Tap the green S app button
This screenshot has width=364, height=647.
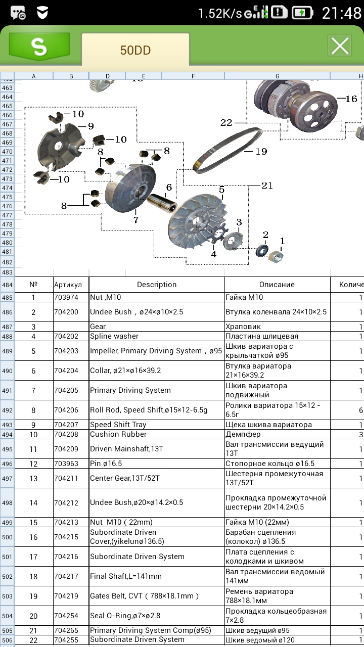click(39, 47)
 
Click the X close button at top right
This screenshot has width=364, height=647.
click(340, 46)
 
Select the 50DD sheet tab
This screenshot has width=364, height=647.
click(135, 50)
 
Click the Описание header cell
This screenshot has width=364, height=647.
click(277, 285)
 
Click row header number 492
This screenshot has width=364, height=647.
click(7, 410)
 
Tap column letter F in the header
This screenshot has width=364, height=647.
click(193, 76)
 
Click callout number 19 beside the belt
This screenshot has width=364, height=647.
click(261, 151)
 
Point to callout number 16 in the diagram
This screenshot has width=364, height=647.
click(351, 99)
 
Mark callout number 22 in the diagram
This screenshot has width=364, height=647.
click(226, 122)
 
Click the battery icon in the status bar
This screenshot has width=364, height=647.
click(302, 13)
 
